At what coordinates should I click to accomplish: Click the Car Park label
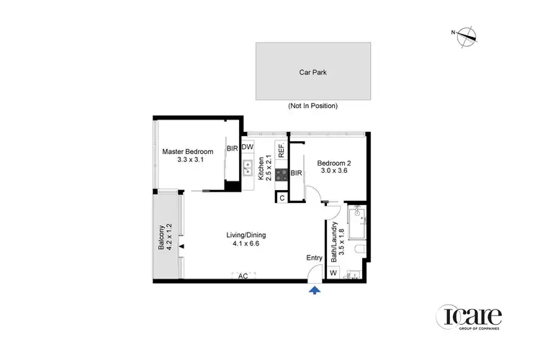pyautogui.click(x=312, y=72)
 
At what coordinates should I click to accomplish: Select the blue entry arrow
pyautogui.click(x=314, y=289)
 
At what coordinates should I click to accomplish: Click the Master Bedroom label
pyautogui.click(x=188, y=156)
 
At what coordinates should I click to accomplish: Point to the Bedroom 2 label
pyautogui.click(x=332, y=167)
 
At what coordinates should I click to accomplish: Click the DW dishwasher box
pyautogui.click(x=248, y=148)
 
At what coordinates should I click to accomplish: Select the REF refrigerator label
pyautogui.click(x=282, y=151)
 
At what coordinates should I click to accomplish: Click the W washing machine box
pyautogui.click(x=333, y=273)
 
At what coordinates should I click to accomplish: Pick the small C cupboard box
pyautogui.click(x=282, y=197)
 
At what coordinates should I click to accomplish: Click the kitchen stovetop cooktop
pyautogui.click(x=282, y=173)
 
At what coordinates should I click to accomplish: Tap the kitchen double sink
pyautogui.click(x=248, y=171)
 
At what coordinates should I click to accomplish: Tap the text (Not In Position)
pyautogui.click(x=312, y=106)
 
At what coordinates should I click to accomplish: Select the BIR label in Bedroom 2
pyautogui.click(x=296, y=173)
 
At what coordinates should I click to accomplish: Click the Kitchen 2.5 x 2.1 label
pyautogui.click(x=266, y=171)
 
